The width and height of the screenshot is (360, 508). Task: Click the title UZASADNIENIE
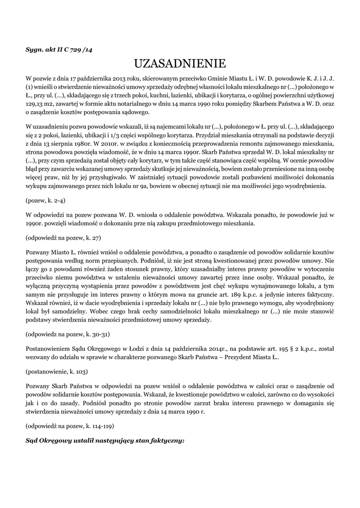(x=180, y=63)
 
